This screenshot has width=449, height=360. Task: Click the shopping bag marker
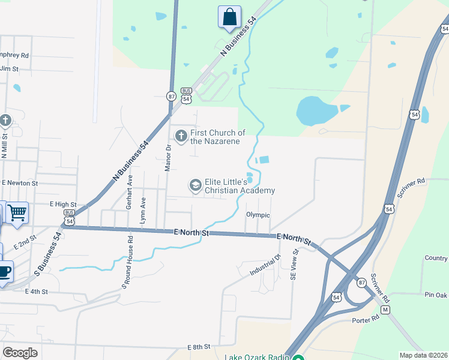point(229,17)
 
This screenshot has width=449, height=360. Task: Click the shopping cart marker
point(17,212)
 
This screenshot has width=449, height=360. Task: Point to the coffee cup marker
point(4,271)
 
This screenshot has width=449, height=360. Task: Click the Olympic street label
point(258,215)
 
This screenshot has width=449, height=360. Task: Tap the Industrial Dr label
point(265,265)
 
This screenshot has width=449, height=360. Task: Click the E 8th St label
point(199,347)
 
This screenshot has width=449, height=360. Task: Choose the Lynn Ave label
point(143,211)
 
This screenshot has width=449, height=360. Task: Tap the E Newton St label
point(20,182)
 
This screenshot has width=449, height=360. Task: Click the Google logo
point(20,353)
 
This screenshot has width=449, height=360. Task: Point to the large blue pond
point(316,110)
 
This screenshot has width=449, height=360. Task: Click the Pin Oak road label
point(436,295)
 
